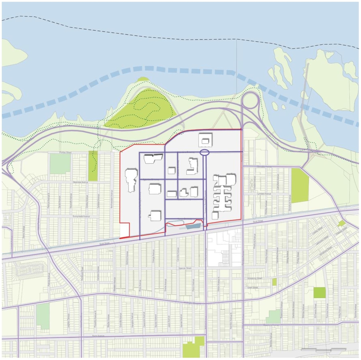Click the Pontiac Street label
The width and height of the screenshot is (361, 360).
pos(65,152)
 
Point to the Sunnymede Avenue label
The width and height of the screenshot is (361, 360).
pos(81,216)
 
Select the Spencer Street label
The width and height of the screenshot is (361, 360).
pos(185,268)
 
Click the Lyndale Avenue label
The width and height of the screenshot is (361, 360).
pos(264,194)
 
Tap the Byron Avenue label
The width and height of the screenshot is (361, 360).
pos(98,336)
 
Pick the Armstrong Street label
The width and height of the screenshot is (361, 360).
pos(255,278)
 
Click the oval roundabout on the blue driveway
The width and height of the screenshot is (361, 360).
pos(204,152)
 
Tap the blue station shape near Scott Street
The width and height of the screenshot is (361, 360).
pos(194,226)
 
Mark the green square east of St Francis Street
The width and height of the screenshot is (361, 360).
pos(319,292)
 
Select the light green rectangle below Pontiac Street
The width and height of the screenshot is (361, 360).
pos(60,163)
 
